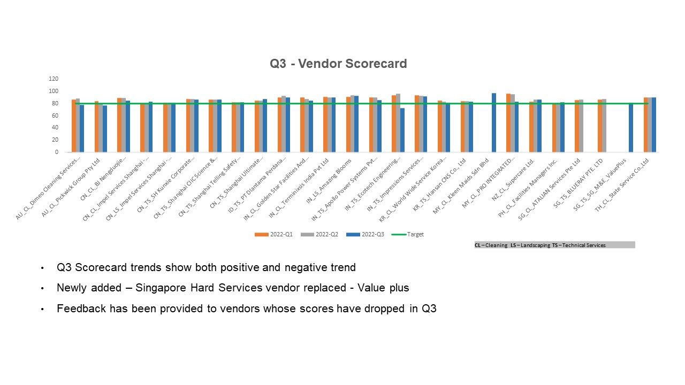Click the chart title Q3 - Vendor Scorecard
point(338,64)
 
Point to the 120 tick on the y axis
point(54,79)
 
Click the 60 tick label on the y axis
point(55,115)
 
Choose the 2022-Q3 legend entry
point(365,234)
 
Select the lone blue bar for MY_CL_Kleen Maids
point(493,122)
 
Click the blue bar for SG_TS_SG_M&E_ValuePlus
point(631,128)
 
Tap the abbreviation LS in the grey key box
point(514,245)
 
